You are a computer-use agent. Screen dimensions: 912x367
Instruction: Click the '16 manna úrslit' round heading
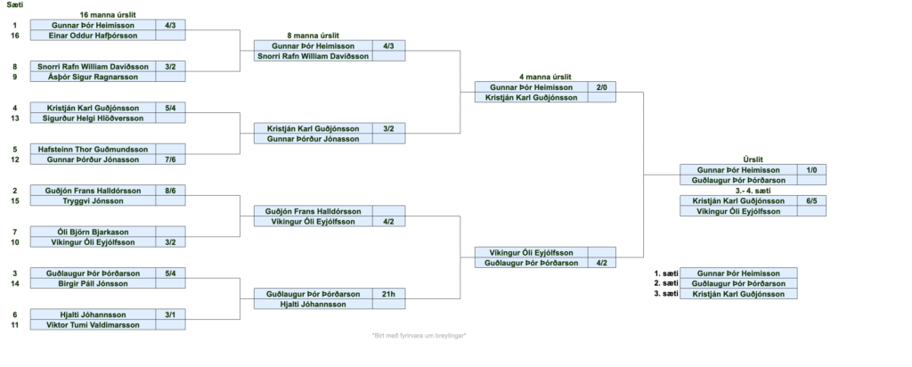(x=108, y=14)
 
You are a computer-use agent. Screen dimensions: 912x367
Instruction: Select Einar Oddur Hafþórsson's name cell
(x=93, y=36)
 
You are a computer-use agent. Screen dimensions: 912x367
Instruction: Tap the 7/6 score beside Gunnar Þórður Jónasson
(x=170, y=159)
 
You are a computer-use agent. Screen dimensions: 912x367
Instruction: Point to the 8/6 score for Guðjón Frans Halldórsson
(x=170, y=191)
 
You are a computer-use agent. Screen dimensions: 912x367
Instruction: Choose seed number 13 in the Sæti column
(x=15, y=118)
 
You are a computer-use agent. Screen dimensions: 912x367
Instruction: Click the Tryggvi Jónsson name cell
(x=93, y=200)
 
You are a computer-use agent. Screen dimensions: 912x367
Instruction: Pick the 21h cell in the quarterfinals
(x=388, y=294)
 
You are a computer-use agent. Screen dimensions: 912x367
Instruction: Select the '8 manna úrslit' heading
(x=313, y=36)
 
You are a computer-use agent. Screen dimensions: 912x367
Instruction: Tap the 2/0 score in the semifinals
(x=601, y=87)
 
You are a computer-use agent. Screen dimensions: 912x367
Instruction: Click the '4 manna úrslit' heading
(x=545, y=77)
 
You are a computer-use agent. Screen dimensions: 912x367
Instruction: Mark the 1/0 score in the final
(x=811, y=170)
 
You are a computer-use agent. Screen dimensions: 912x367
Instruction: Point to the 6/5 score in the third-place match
(x=811, y=200)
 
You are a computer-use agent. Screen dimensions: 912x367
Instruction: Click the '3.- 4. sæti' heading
(x=753, y=191)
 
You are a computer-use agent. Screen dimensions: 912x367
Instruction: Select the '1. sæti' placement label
(x=666, y=273)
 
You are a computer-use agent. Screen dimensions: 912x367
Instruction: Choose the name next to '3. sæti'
(x=738, y=294)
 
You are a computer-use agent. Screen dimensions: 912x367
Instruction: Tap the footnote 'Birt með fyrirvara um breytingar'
(x=419, y=336)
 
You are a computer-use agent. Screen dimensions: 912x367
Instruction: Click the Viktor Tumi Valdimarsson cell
(x=93, y=324)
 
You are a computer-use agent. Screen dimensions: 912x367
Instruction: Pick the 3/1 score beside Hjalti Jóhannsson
(x=170, y=314)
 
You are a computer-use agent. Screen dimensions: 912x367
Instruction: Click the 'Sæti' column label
(x=15, y=4)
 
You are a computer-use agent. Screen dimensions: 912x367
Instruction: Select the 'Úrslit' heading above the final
(x=753, y=159)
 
